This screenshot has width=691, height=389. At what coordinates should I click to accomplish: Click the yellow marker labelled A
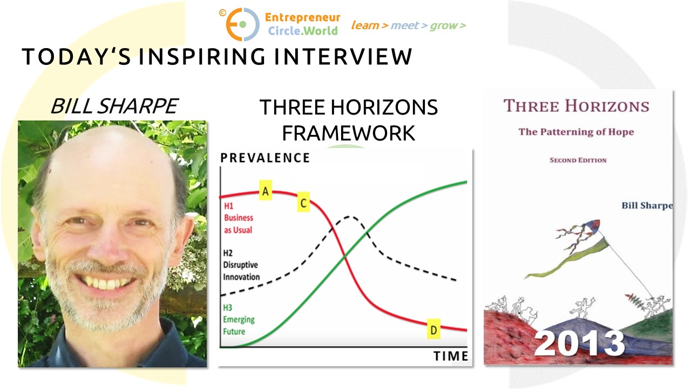tap(265, 191)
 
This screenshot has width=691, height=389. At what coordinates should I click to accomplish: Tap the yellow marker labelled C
tap(303, 202)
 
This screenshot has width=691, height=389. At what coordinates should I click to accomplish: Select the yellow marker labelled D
tap(433, 329)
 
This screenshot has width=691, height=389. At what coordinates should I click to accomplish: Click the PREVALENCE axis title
tap(265, 158)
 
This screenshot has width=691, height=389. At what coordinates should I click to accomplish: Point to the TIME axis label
tap(451, 356)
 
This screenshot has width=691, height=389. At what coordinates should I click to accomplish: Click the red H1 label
tap(228, 206)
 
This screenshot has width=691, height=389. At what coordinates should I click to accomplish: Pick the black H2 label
tap(228, 253)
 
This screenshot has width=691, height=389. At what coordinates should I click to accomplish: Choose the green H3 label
tap(227, 307)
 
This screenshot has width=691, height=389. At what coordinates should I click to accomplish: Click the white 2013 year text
tap(580, 343)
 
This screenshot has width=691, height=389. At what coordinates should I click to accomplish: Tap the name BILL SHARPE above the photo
tap(114, 106)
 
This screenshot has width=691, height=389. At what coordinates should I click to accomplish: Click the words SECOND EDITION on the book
tap(578, 160)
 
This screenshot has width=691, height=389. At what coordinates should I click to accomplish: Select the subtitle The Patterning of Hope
tap(576, 132)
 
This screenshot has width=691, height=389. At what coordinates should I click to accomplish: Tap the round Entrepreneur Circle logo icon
tap(242, 24)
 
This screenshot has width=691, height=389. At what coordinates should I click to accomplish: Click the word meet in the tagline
tap(405, 25)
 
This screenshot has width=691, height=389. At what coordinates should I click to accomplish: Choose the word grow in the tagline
tap(444, 26)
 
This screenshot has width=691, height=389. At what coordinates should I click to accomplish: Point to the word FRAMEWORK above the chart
tap(348, 133)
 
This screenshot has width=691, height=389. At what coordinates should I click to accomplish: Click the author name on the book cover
tap(647, 206)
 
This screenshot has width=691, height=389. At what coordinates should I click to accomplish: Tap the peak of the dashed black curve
tap(349, 217)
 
